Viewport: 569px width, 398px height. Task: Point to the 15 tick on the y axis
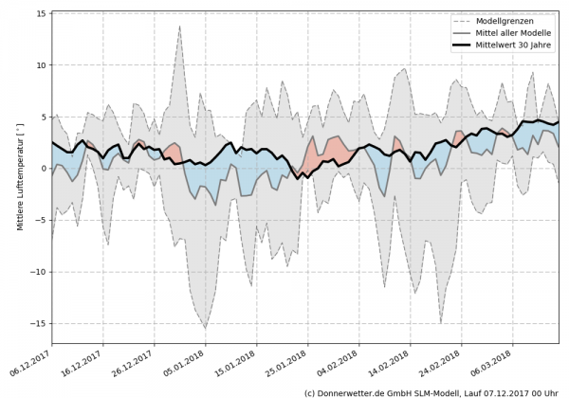click(x=42, y=13)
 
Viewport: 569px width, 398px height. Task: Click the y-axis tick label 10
click(x=42, y=65)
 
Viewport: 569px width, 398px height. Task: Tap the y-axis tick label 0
click(x=45, y=169)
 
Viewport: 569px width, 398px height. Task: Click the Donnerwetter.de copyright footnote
click(x=431, y=391)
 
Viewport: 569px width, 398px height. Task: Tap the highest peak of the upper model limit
click(x=179, y=26)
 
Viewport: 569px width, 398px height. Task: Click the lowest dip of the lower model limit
click(x=205, y=329)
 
